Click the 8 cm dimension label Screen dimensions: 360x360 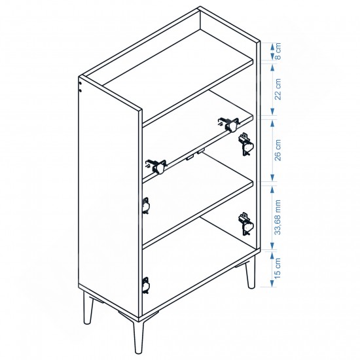pyautogui.click(x=278, y=51)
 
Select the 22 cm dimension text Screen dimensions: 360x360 pyautogui.click(x=278, y=89)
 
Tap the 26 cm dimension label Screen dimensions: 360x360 pyautogui.click(x=278, y=150)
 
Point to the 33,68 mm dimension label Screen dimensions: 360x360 pyautogui.click(x=278, y=217)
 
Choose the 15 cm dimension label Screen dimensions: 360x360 pyautogui.click(x=278, y=268)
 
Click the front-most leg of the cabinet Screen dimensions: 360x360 pyautogui.click(x=139, y=336)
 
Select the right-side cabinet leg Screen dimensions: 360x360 pyautogui.click(x=251, y=272)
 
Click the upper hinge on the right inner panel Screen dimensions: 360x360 pyautogui.click(x=246, y=145)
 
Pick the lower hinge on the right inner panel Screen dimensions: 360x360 pyautogui.click(x=246, y=224)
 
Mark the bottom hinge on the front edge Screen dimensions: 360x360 pyautogui.click(x=146, y=285)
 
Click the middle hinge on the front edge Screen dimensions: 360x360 pyautogui.click(x=146, y=205)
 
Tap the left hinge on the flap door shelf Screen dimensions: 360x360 pyautogui.click(x=156, y=166)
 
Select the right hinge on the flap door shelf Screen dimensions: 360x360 pyautogui.click(x=228, y=124)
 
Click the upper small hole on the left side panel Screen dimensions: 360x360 pyautogui.click(x=80, y=84)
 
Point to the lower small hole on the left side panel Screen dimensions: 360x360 pyautogui.click(x=80, y=91)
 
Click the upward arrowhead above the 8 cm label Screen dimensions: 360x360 pyautogui.click(x=272, y=46)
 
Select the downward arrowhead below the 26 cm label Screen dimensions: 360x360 pyautogui.click(x=272, y=177)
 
